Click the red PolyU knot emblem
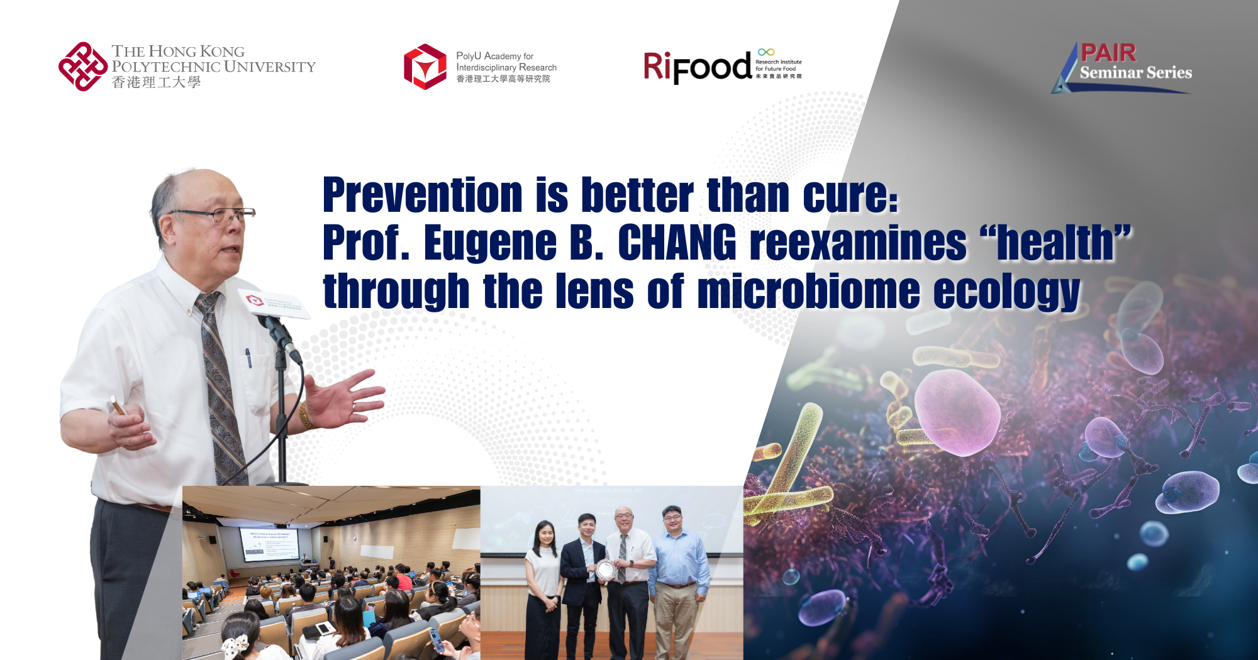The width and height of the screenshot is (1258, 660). click(x=83, y=67)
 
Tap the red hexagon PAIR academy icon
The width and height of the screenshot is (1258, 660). click(x=425, y=67)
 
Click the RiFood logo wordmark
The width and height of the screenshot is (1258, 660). click(x=697, y=67)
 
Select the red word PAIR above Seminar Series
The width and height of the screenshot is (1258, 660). click(x=1108, y=53)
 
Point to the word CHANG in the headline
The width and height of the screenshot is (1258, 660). click(x=677, y=243)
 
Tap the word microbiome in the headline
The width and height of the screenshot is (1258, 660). click(x=808, y=291)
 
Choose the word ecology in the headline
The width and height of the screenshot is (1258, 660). click(x=1006, y=291)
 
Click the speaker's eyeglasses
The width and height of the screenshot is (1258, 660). click(x=214, y=215)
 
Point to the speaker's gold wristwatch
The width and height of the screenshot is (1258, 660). click(x=306, y=415)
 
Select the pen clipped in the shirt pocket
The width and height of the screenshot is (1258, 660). click(x=248, y=358)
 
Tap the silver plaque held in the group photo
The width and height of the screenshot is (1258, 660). click(x=605, y=569)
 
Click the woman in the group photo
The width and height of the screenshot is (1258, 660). click(x=544, y=585)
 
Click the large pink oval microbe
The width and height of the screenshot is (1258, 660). click(x=956, y=412)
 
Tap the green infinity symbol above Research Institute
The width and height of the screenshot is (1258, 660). click(x=766, y=52)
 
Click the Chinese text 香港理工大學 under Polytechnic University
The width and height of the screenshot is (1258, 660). click(x=156, y=82)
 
